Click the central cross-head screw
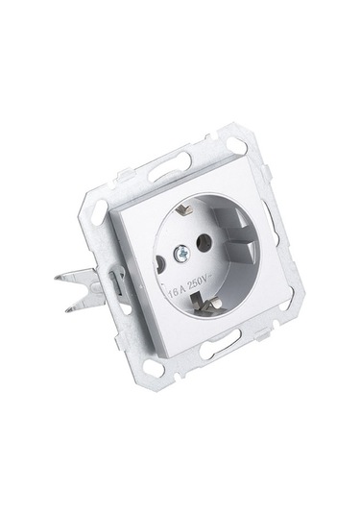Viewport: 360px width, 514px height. click(180, 253)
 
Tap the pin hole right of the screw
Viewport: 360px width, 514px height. click(203, 243)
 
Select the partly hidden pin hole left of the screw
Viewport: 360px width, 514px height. click(159, 262)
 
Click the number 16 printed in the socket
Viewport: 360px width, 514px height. click(173, 291)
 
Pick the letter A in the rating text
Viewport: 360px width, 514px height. click(182, 288)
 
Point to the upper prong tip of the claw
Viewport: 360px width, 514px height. click(58, 278)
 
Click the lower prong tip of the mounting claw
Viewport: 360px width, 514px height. click(68, 309)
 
